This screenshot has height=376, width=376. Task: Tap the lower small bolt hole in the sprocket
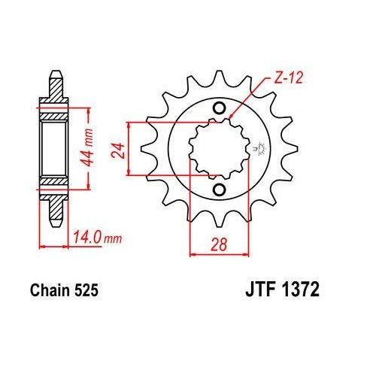coord(220,189)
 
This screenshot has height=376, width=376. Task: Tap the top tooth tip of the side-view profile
coord(54,75)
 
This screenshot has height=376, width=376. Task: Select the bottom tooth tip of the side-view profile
coord(54,222)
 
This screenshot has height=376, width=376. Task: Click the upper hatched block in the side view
coord(54,114)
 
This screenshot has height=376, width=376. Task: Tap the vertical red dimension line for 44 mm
coord(90,148)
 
